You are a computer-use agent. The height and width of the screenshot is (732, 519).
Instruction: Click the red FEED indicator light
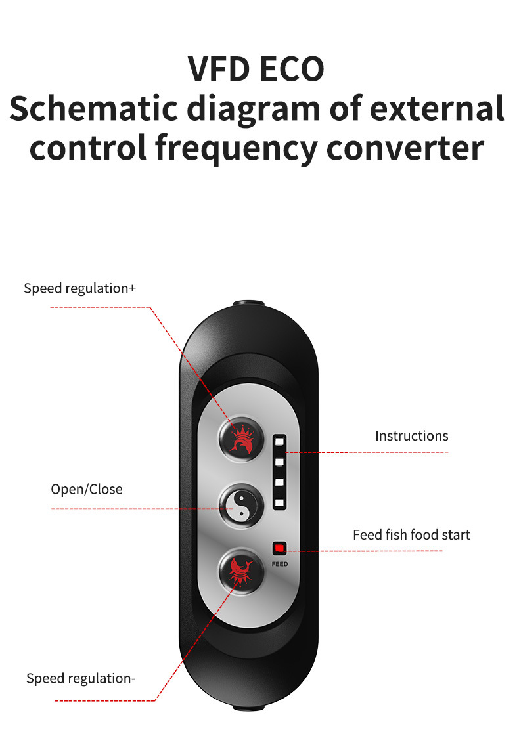279,548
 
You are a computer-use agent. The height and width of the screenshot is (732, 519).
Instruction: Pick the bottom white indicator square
279,503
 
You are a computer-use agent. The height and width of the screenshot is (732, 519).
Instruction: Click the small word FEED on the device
279,564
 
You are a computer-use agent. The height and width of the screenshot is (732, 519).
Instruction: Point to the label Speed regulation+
79,288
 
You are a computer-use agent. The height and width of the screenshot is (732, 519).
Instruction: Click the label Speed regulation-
81,678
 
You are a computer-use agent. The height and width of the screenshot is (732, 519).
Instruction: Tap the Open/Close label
87,489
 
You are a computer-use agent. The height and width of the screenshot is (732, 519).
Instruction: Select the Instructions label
411,435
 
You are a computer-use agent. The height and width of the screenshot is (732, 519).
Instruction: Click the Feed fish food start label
411,534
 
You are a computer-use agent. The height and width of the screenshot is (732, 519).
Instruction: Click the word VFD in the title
220,69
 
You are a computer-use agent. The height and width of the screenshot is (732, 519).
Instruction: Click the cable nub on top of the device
250,305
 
